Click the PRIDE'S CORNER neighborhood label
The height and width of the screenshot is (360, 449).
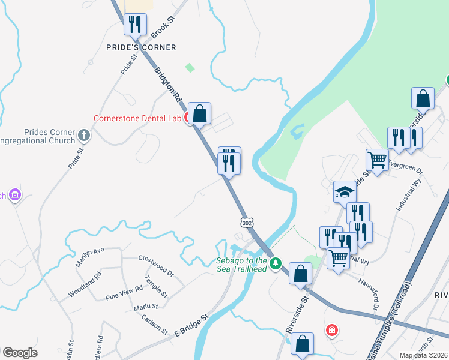141,47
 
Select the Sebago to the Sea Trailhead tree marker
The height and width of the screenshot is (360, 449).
276,263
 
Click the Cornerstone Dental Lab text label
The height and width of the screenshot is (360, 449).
137,119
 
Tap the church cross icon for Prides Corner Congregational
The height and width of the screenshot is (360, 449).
83,136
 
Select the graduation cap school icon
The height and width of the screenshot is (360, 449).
345,192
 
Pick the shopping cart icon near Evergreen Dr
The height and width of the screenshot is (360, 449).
377,160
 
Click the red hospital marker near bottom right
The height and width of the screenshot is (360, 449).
331,330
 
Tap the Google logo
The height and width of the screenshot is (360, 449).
20,353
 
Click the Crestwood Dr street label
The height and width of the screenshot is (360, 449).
155,265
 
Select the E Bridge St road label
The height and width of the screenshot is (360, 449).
190,324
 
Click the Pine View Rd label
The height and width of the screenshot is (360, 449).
124,293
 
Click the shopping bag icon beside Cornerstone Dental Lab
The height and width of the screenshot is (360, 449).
200,113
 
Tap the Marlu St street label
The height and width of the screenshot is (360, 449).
146,307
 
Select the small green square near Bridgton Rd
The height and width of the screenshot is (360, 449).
190,68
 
